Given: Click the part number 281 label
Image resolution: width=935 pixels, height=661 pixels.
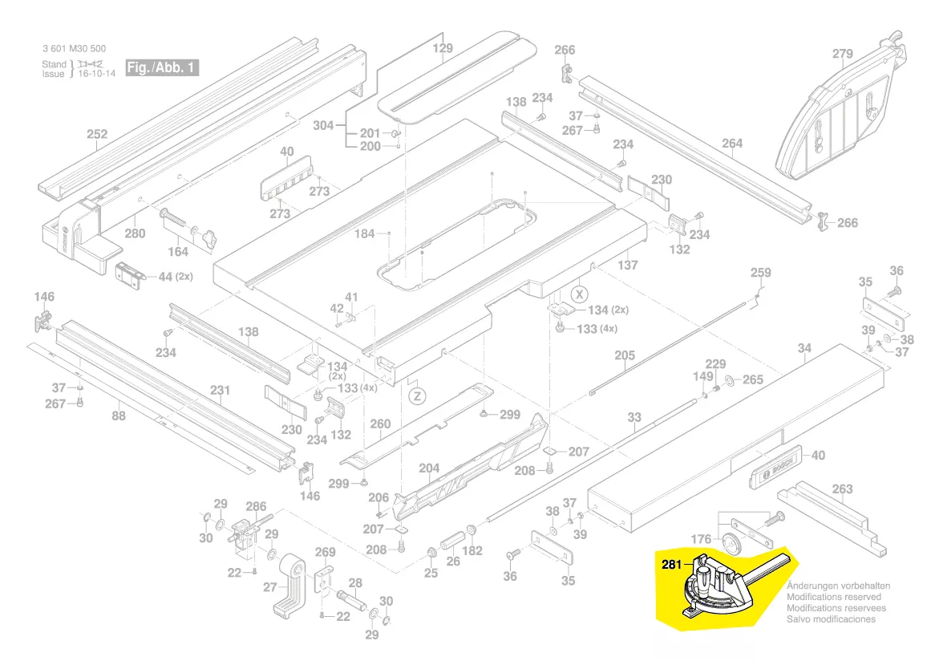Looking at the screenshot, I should pos(672,564).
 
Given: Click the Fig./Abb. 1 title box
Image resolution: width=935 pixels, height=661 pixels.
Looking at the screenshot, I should pos(162,67).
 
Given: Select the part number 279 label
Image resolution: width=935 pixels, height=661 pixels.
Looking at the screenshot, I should pos(842,55).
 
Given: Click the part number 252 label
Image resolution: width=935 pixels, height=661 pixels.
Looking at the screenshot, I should pos(97,134).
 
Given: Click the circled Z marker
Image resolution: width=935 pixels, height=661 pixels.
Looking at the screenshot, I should pos(416,395).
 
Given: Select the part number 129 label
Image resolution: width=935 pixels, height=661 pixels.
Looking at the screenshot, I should pos(443,48).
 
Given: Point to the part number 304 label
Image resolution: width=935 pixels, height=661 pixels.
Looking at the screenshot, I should pos(323,125).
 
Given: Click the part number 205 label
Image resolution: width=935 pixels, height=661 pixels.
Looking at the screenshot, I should pos(625,355).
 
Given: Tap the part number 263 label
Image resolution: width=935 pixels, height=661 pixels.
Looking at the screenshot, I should pos(843,489).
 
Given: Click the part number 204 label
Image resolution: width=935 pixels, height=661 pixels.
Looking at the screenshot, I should pos(429,468).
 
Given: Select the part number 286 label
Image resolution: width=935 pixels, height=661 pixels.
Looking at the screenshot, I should pos(256,506).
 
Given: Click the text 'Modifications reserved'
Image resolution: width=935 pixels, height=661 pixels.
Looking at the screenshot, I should pos(833,597).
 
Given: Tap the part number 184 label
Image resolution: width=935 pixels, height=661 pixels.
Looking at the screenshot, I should pos(365,234).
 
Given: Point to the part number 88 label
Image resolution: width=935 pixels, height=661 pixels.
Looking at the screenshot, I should pos(119,416).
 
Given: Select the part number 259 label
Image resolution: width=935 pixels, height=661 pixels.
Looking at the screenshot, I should pos(760,273).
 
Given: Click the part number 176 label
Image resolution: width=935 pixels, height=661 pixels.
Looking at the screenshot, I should pos(701,539).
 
